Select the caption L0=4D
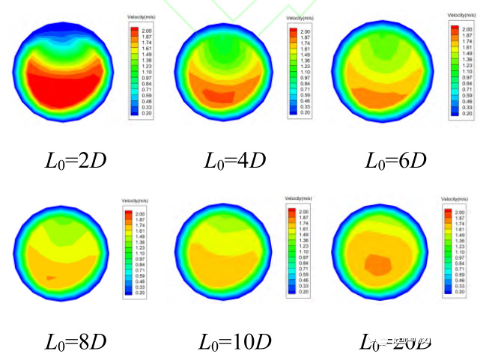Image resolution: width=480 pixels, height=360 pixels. pos(232,160)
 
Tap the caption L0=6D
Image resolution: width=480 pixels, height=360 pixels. pos(395,160)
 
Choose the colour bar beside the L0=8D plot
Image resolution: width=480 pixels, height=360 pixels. pos(127,251)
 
